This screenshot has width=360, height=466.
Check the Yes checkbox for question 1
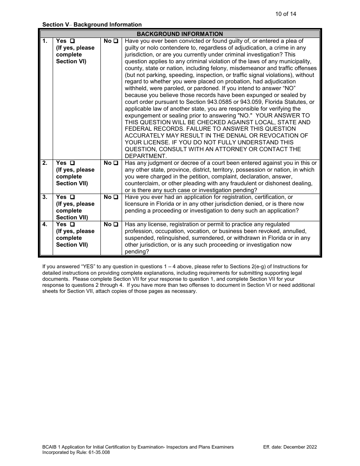click(72, 41)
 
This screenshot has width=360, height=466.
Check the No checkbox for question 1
click(116, 41)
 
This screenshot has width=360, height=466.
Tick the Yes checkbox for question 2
click(72, 163)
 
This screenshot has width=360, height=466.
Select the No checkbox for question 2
click(116, 163)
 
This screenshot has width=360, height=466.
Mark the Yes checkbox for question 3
click(72, 197)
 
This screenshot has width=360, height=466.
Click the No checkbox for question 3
click(116, 197)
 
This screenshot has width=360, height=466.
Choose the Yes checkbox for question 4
click(72, 224)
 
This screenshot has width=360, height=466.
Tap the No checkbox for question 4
click(116, 224)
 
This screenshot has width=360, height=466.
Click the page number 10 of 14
click(285, 14)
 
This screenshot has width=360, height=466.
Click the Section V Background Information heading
click(92, 25)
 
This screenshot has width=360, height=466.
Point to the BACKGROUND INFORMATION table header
click(180, 34)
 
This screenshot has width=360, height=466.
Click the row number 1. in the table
click(45, 41)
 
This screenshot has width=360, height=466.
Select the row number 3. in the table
click(45, 197)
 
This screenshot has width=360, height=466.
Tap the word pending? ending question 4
click(137, 252)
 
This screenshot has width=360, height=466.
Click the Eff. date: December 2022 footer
click(290, 447)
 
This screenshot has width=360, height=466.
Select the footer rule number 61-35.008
click(98, 452)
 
